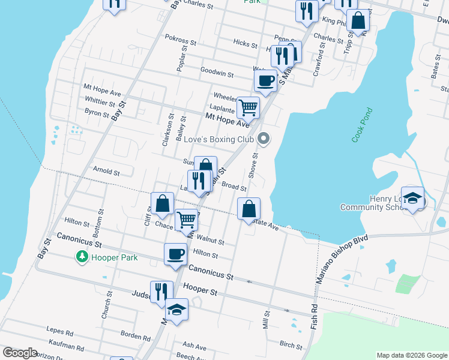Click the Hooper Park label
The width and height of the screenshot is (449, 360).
tap(114, 257)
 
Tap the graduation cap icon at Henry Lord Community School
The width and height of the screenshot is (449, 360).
tap(412, 198)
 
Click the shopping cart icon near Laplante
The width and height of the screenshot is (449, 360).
tap(248, 108)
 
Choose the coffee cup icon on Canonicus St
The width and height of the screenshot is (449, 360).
tap(176, 253)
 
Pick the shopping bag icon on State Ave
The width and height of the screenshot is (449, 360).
tap(249, 209)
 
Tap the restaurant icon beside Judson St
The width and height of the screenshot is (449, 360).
tap(161, 292)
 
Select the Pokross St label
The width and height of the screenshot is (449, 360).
tap(180, 43)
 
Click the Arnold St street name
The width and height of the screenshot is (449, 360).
tap(106, 172)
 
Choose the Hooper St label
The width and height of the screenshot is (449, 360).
tap(200, 290)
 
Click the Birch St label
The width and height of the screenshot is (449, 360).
tap(291, 345)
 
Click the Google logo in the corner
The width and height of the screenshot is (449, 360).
tap(20, 353)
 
